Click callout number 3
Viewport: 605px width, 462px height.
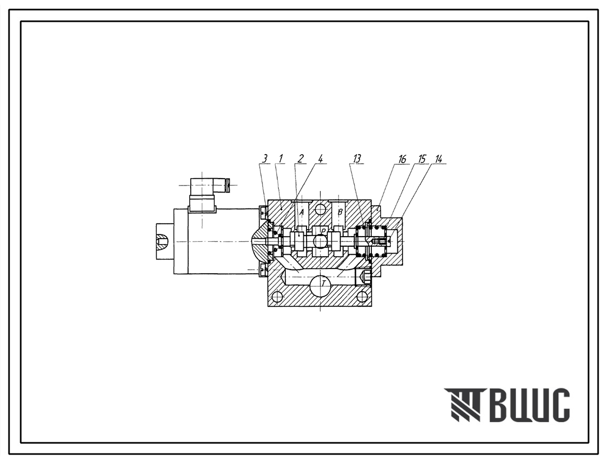(x=265, y=158)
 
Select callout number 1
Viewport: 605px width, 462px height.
(x=281, y=158)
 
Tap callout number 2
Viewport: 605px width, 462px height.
(x=300, y=158)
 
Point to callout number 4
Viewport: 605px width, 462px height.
(x=320, y=158)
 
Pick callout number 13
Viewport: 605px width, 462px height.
(x=357, y=158)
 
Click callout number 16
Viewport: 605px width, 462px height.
(x=402, y=159)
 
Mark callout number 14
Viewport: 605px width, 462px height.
(x=438, y=159)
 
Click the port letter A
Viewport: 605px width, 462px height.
(x=302, y=212)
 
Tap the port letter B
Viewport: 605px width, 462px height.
(x=340, y=212)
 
